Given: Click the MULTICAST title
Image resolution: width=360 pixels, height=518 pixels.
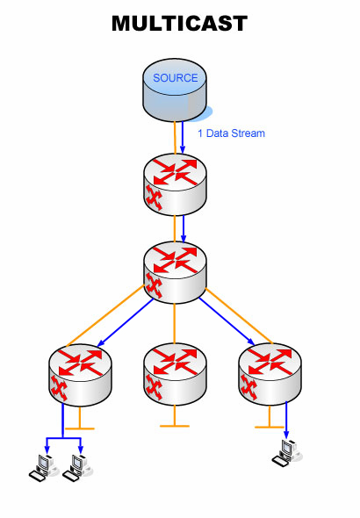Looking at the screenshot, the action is (x=179, y=24).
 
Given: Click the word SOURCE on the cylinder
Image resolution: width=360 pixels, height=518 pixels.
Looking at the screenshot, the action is (x=176, y=78).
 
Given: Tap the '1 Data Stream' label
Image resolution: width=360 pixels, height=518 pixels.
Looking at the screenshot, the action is (x=231, y=133).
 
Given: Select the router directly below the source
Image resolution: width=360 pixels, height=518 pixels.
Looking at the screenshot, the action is (x=175, y=184).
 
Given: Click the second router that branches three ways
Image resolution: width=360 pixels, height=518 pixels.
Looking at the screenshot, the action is (x=175, y=272).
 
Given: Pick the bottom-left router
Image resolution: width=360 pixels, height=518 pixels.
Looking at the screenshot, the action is (x=80, y=375).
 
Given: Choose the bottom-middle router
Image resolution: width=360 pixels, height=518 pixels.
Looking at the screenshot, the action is (x=175, y=374).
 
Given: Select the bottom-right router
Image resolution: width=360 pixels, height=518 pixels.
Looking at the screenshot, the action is (x=270, y=374).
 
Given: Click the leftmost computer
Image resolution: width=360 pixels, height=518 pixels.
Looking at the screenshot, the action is (x=42, y=468).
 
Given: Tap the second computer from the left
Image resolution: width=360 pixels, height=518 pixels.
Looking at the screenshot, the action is (x=76, y=468).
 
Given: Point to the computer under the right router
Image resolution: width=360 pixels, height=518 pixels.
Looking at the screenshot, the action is (x=286, y=453).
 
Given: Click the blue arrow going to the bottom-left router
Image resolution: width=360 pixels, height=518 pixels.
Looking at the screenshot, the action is (x=126, y=323).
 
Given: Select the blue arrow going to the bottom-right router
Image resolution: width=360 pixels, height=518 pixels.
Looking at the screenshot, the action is (x=227, y=321).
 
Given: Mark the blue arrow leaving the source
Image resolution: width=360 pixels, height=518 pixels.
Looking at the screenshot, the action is (x=183, y=138).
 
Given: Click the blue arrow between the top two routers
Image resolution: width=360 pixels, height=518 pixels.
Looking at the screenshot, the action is (x=184, y=229).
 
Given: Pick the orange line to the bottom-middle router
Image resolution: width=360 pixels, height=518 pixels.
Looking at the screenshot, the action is (x=175, y=323).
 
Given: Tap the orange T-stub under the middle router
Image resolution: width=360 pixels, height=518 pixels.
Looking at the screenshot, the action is (x=175, y=416).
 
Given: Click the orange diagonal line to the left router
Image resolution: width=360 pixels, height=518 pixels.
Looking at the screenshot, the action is (x=105, y=316).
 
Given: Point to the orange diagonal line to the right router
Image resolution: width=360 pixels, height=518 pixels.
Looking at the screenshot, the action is (x=239, y=316).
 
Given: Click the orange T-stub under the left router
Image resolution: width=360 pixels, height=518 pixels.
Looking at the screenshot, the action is (x=80, y=419).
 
